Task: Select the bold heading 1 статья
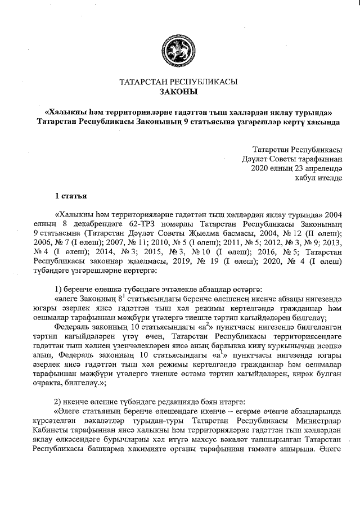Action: point(70,196)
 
